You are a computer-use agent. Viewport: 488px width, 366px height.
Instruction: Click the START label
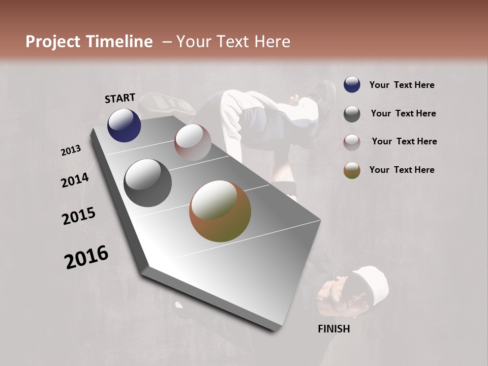pos(120,98)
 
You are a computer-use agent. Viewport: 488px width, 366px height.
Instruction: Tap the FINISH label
pos(334,329)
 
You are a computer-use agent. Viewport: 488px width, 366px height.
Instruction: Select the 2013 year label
pos(71,150)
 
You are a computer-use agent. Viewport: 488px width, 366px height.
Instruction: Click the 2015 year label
pos(79,216)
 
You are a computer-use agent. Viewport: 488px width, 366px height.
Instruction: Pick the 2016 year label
pos(86,257)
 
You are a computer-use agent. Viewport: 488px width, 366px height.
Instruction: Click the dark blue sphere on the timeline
pos(124,126)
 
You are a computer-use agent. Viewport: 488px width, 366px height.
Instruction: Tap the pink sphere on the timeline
pos(193,142)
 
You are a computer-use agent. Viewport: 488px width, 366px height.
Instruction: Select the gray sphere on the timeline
pos(147,183)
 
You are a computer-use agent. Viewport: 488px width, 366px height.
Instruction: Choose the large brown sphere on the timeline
pos(220,211)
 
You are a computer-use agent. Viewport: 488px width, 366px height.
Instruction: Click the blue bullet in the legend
pos(352,85)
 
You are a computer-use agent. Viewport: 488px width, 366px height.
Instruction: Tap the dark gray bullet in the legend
pos(352,113)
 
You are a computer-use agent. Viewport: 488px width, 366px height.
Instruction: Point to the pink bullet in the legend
pos(352,142)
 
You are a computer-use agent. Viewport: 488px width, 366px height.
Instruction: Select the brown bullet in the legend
pos(352,170)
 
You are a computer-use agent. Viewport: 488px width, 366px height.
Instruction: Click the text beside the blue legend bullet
pos(402,85)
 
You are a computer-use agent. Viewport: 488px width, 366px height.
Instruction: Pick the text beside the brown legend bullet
pos(402,170)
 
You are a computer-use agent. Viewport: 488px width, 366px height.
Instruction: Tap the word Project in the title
pos(53,42)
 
